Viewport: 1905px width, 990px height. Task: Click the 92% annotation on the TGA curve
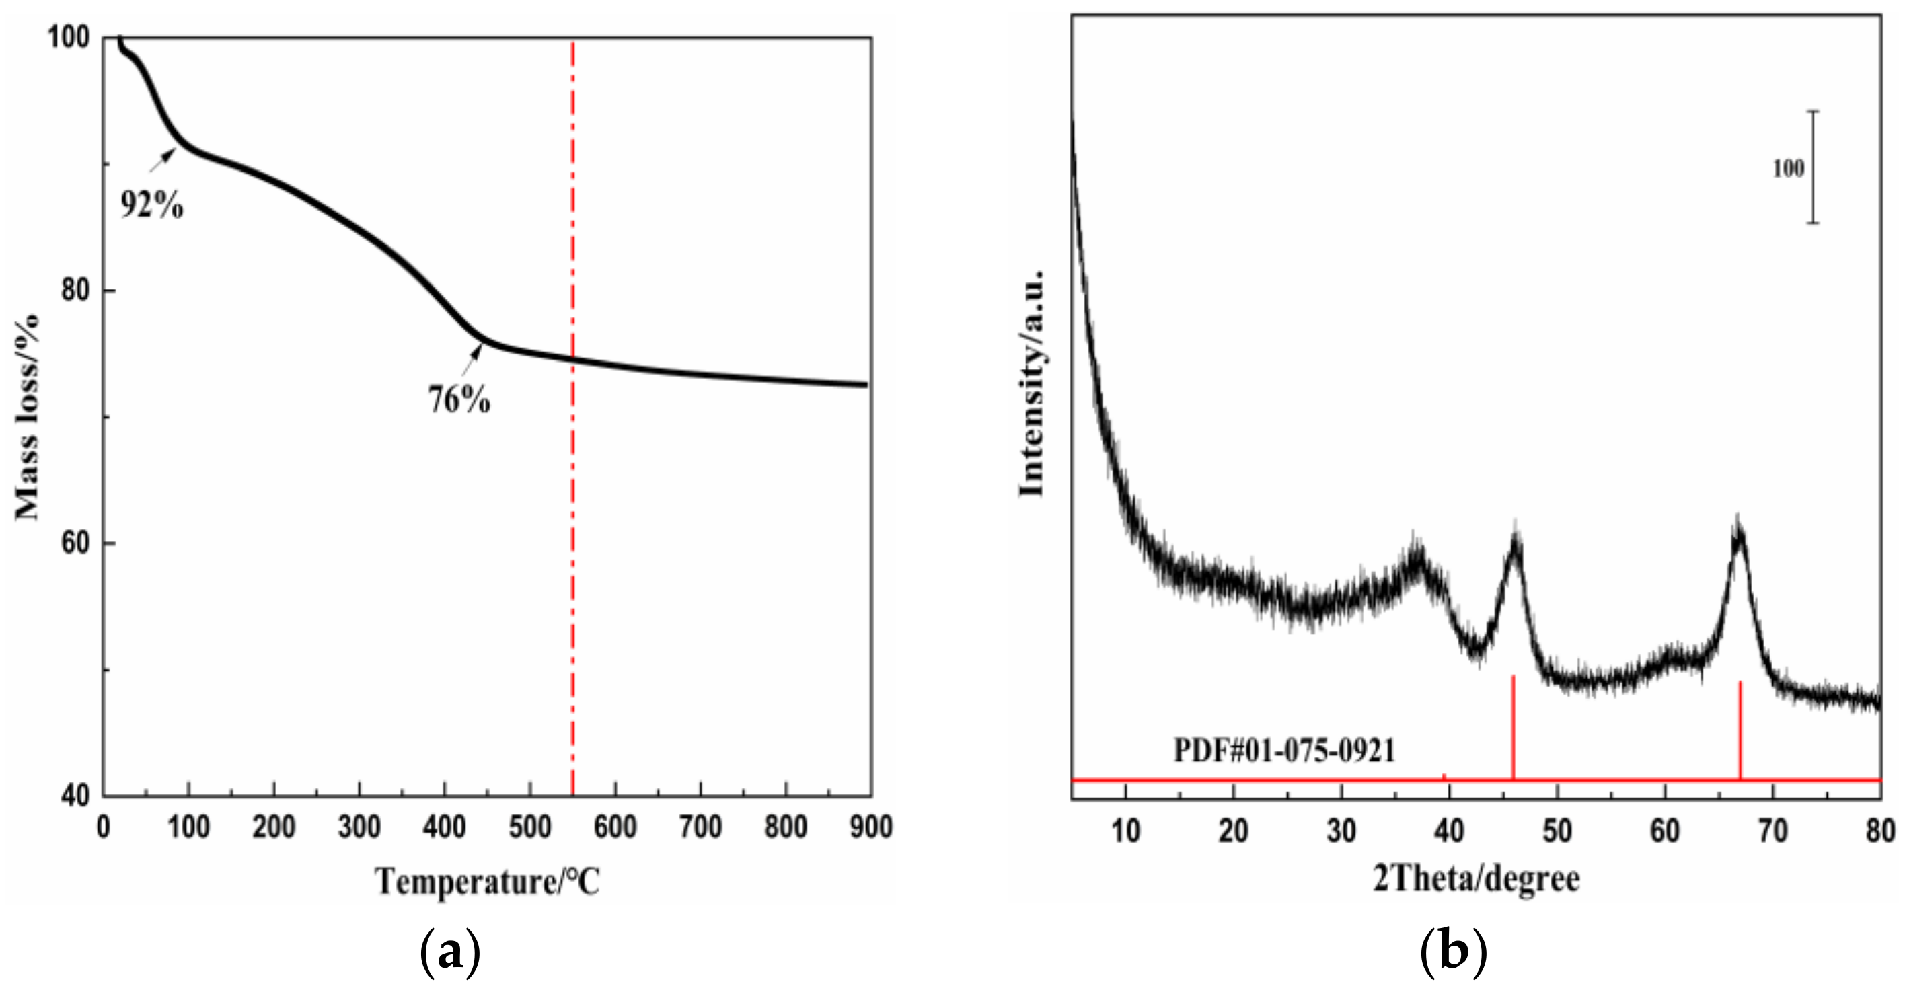(x=151, y=205)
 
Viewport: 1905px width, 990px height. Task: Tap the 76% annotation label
(x=459, y=400)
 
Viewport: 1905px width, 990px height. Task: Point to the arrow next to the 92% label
(x=163, y=159)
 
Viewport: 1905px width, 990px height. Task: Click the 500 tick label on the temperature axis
(x=529, y=827)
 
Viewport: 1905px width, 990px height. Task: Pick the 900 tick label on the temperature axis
(x=870, y=827)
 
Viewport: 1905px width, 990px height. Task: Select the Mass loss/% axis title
(x=28, y=418)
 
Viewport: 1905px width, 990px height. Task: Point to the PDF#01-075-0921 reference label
(x=1285, y=751)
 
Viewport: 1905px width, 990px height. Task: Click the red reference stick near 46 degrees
(x=1513, y=728)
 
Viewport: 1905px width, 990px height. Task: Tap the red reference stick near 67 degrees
(x=1740, y=730)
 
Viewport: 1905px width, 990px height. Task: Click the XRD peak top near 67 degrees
(x=1738, y=538)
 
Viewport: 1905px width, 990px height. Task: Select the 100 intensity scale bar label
(x=1788, y=169)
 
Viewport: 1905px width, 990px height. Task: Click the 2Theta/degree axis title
(x=1476, y=879)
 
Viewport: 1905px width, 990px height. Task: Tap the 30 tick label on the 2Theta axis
(x=1341, y=831)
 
